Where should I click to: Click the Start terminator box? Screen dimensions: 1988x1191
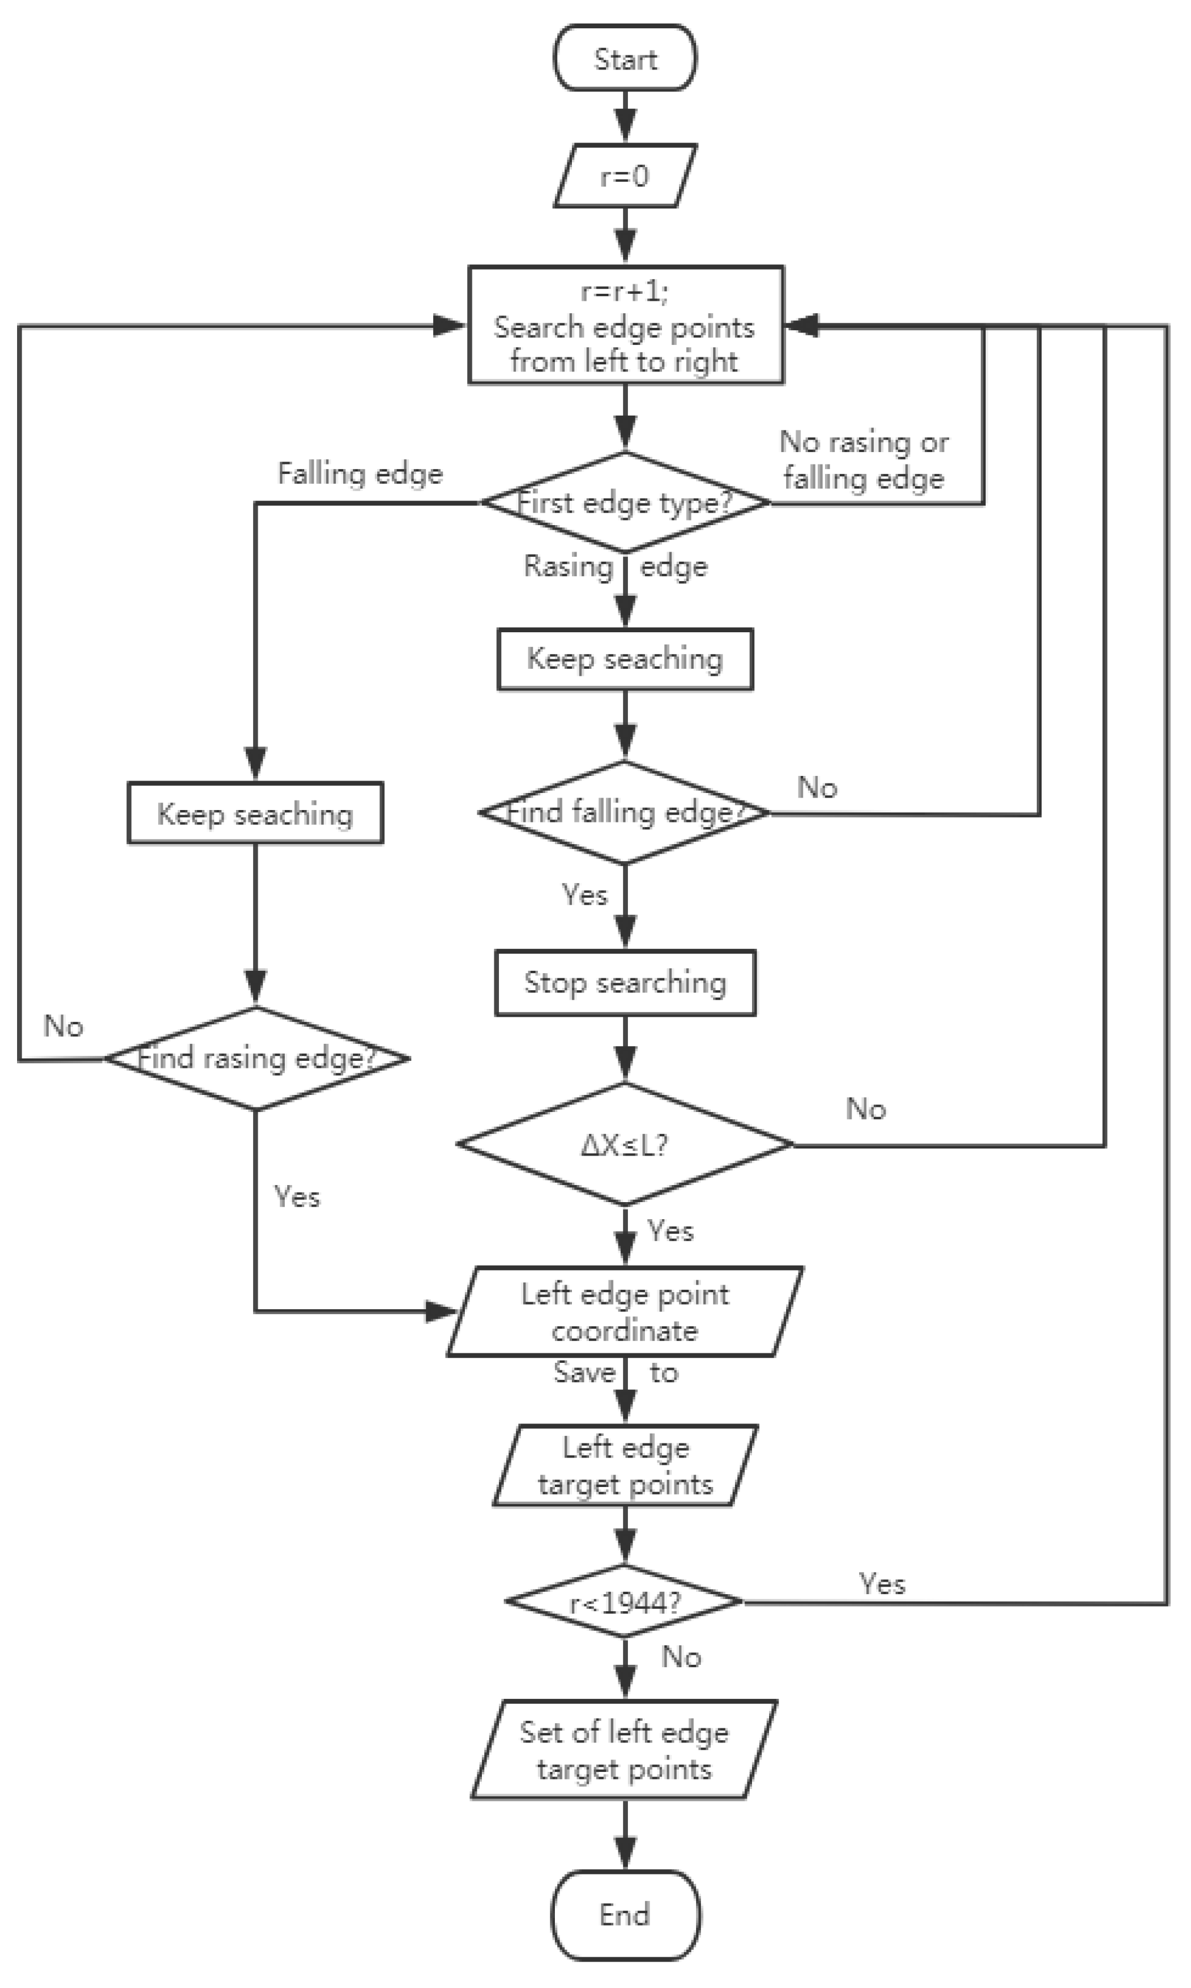pos(624,58)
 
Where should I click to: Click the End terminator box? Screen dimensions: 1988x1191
pos(624,1915)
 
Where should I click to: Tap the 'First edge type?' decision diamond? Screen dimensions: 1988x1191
pos(624,503)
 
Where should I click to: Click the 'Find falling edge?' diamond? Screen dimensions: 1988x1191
pos(624,812)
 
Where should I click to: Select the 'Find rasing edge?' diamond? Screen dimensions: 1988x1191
pos(256,1058)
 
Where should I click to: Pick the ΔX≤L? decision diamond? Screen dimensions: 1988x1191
pos(624,1145)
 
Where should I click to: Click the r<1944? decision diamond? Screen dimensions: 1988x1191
pos(624,1602)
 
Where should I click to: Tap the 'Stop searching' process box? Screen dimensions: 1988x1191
pos(624,983)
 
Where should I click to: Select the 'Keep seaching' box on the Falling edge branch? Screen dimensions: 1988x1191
pos(255,814)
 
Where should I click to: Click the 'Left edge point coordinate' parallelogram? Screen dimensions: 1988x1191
pos(624,1312)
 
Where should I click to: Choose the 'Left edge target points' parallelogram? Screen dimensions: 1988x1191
pos(624,1466)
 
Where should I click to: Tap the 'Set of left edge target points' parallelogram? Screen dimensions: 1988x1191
pos(624,1750)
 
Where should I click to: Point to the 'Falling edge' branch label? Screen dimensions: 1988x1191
pos(360,474)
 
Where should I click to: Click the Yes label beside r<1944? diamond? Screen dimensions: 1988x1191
pos(882,1584)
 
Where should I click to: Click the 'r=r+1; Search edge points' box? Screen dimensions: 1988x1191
pos(624,325)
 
